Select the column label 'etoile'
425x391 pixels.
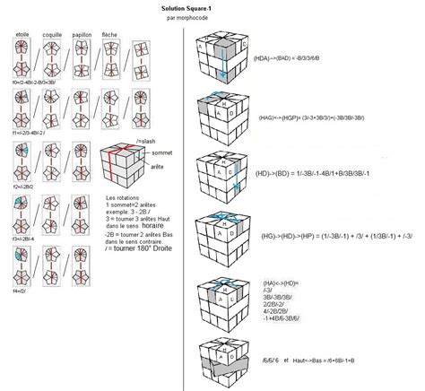[x=23, y=35]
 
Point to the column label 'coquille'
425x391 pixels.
[x=56, y=35]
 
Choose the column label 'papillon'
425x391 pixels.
[x=89, y=35]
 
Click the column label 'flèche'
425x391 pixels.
[x=120, y=35]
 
